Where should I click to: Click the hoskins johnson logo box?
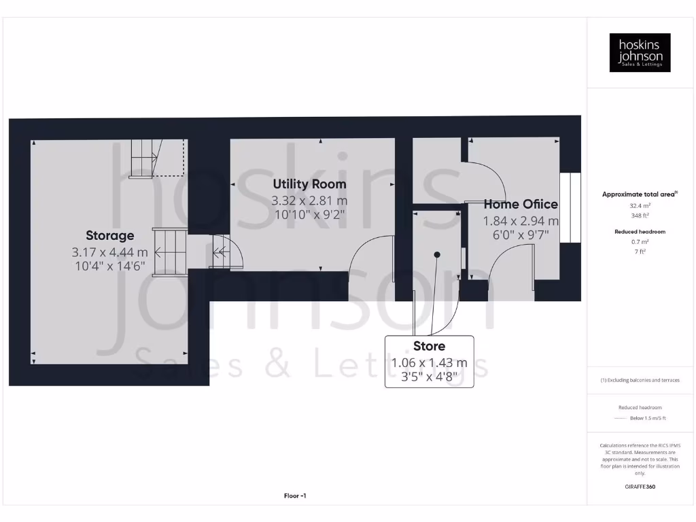640,53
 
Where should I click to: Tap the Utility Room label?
309,184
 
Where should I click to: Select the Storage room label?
109,235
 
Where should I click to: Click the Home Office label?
521,204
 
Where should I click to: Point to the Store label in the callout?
429,346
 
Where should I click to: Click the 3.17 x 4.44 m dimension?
109,252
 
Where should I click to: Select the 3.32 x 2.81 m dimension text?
309,201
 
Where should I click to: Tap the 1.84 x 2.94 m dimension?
521,221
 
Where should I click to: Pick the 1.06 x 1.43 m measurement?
429,363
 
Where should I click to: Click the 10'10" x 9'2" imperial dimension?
309,215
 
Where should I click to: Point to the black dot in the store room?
437,255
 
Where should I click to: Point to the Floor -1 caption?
295,496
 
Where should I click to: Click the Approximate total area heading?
639,194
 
